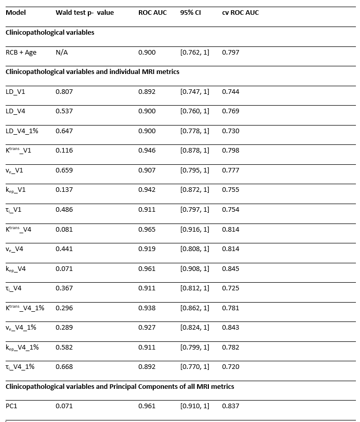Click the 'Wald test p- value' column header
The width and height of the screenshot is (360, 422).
(84, 13)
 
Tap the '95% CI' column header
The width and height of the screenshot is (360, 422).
(190, 13)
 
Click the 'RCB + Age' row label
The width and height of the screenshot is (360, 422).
(21, 53)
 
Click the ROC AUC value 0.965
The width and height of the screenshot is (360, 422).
(147, 230)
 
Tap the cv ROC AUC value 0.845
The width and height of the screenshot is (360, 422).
(230, 269)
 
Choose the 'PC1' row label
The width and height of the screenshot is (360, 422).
(12, 406)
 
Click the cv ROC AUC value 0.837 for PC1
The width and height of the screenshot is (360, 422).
(230, 406)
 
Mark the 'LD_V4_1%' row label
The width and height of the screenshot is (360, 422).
(21, 131)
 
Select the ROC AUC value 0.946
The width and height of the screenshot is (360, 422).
(147, 151)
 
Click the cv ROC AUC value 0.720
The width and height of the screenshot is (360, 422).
(230, 367)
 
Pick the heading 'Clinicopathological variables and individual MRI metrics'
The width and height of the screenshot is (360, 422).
(92, 72)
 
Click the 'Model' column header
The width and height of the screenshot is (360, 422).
(15, 13)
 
